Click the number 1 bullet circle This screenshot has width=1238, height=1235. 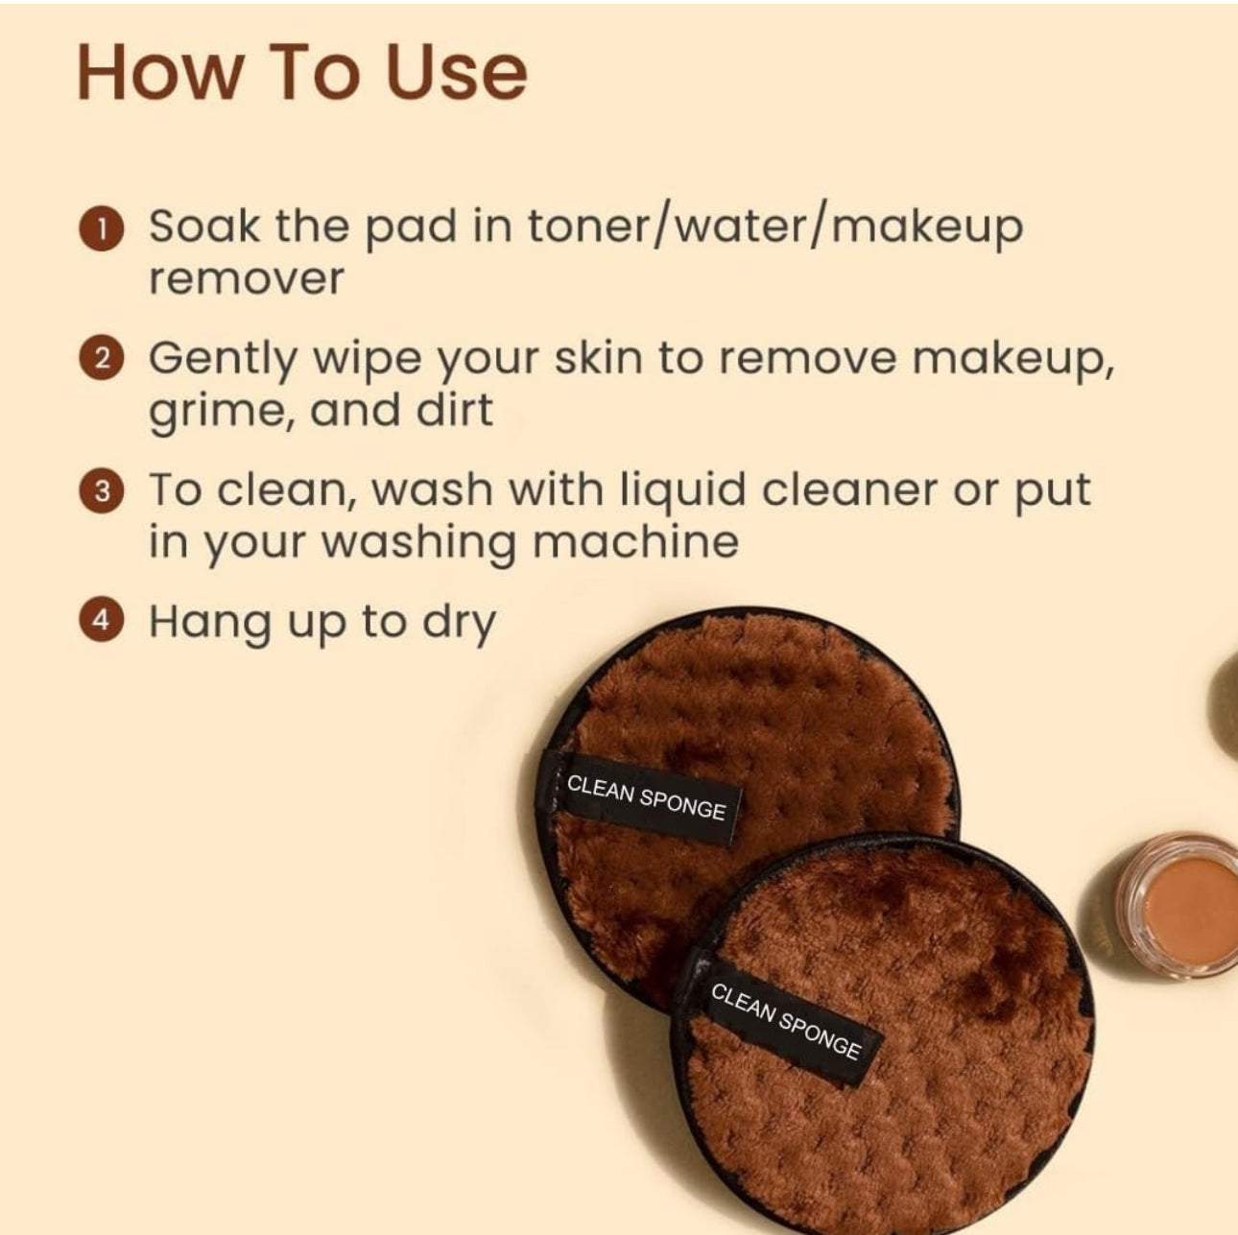[x=101, y=228]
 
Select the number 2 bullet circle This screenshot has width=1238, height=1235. [x=101, y=359]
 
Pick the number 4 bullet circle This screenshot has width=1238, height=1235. [x=101, y=622]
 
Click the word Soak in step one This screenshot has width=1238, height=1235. [x=205, y=226]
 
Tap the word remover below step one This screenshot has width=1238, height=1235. [x=247, y=280]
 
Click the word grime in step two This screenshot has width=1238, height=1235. [x=223, y=413]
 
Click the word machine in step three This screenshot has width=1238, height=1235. [x=636, y=540]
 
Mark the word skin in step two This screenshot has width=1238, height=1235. [x=599, y=359]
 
